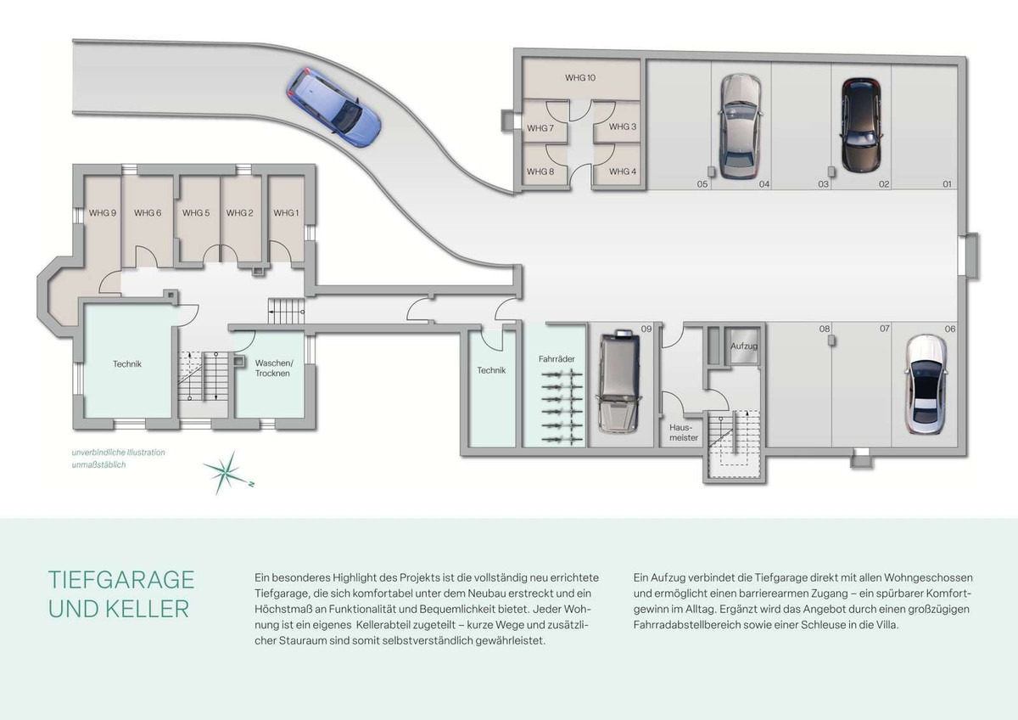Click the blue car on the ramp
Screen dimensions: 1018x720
pyautogui.click(x=333, y=107)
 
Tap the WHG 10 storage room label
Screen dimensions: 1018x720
pyautogui.click(x=580, y=78)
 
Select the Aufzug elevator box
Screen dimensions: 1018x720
pyautogui.click(x=743, y=346)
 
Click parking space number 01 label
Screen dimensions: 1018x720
pyautogui.click(x=947, y=184)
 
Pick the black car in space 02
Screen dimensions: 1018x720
pyautogui.click(x=861, y=126)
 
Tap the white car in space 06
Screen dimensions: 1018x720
pyautogui.click(x=926, y=385)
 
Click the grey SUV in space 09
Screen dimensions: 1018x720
pyautogui.click(x=619, y=381)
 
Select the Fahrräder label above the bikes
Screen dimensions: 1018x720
pyautogui.click(x=557, y=359)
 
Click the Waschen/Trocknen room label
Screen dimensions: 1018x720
pyautogui.click(x=273, y=368)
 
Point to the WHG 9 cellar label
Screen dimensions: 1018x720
pyautogui.click(x=103, y=213)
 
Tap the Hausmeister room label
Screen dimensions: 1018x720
pyautogui.click(x=684, y=432)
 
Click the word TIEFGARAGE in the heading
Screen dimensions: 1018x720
pyautogui.click(x=121, y=580)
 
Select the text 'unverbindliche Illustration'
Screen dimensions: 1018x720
pyautogui.click(x=118, y=453)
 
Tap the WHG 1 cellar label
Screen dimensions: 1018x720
pyautogui.click(x=286, y=213)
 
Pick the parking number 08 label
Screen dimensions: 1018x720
pyautogui.click(x=825, y=329)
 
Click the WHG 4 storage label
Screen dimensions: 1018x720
pyautogui.click(x=622, y=172)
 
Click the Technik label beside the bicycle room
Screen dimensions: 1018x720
pyautogui.click(x=491, y=370)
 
